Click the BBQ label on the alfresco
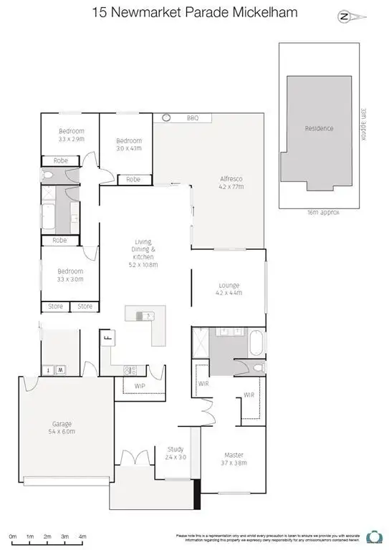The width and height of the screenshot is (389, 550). point(192,118)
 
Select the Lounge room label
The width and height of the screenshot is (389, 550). point(229,289)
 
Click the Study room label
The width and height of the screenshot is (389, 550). point(176,453)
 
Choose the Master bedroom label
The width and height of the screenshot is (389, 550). point(234,458)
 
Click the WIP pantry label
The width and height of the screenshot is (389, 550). point(140,387)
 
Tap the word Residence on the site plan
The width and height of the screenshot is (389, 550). point(319,129)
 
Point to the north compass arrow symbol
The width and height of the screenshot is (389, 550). point(345,16)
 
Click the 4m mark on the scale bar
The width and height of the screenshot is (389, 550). point(82,536)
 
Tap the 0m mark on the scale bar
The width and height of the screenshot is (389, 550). point(13,536)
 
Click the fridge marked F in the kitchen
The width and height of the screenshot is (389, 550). point(110,338)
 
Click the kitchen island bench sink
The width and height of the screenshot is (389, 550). point(148,315)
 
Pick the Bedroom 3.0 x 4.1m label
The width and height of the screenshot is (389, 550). point(129,144)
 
